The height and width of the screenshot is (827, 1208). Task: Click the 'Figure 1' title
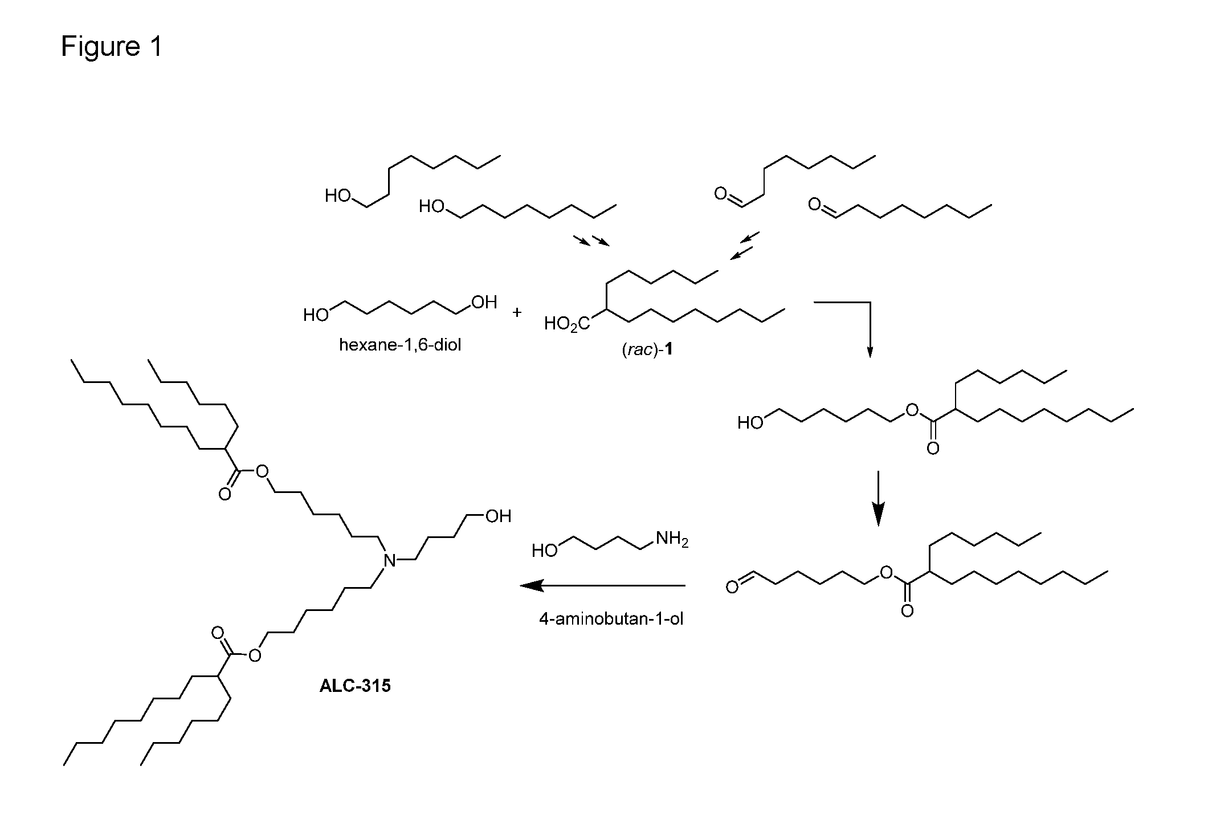click(x=112, y=46)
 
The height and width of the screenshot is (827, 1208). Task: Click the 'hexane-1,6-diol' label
click(x=400, y=345)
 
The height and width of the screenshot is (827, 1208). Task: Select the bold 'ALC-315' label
click(x=355, y=685)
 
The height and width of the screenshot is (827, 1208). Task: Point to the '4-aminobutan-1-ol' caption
click(x=611, y=618)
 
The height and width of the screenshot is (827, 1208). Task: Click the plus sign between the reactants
click(x=517, y=312)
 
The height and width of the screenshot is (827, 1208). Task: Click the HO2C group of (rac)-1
click(x=567, y=324)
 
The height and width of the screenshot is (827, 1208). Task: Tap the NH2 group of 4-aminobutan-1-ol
click(x=672, y=539)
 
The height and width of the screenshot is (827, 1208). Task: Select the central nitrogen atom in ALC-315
click(x=390, y=560)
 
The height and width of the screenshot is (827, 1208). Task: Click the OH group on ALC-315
click(x=498, y=516)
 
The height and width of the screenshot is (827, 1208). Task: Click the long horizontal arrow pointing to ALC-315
click(x=602, y=585)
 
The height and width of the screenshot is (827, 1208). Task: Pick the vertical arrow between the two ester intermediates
click(x=878, y=498)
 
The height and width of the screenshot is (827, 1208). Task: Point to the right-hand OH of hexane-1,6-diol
click(x=484, y=302)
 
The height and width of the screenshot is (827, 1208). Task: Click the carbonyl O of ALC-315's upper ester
click(x=225, y=494)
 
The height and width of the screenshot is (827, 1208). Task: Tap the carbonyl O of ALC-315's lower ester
click(x=218, y=633)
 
